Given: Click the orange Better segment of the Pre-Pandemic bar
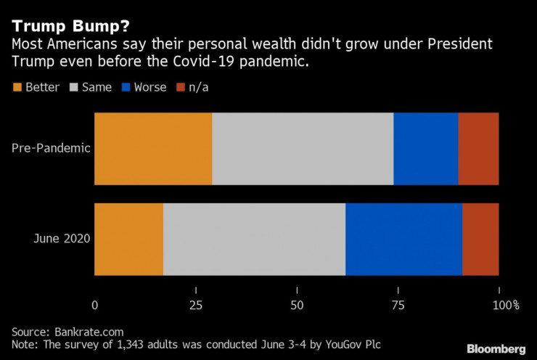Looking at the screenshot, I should (153, 149).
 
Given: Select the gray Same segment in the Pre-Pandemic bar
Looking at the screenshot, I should (303, 149).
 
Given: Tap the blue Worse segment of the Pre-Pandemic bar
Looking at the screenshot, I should (425, 149).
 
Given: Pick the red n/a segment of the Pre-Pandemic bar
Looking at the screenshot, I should (478, 149).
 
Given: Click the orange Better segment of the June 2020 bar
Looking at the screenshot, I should (128, 240).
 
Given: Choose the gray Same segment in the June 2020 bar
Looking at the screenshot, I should (254, 240).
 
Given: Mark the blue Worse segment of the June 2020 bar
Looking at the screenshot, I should (403, 240).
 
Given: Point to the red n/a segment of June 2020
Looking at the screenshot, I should (480, 240).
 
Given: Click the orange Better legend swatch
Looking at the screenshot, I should (17, 88).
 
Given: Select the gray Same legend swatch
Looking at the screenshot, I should (73, 88).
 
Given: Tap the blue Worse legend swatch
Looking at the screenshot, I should (125, 88).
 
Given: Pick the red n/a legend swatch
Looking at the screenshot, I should (179, 88).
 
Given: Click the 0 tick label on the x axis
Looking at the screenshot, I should (95, 305).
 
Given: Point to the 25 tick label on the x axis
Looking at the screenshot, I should (195, 305).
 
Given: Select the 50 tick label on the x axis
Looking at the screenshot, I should (297, 305).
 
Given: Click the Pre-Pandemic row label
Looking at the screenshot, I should (51, 149).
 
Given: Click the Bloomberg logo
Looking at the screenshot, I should (496, 349).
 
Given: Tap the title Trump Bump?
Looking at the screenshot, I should (71, 27).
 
